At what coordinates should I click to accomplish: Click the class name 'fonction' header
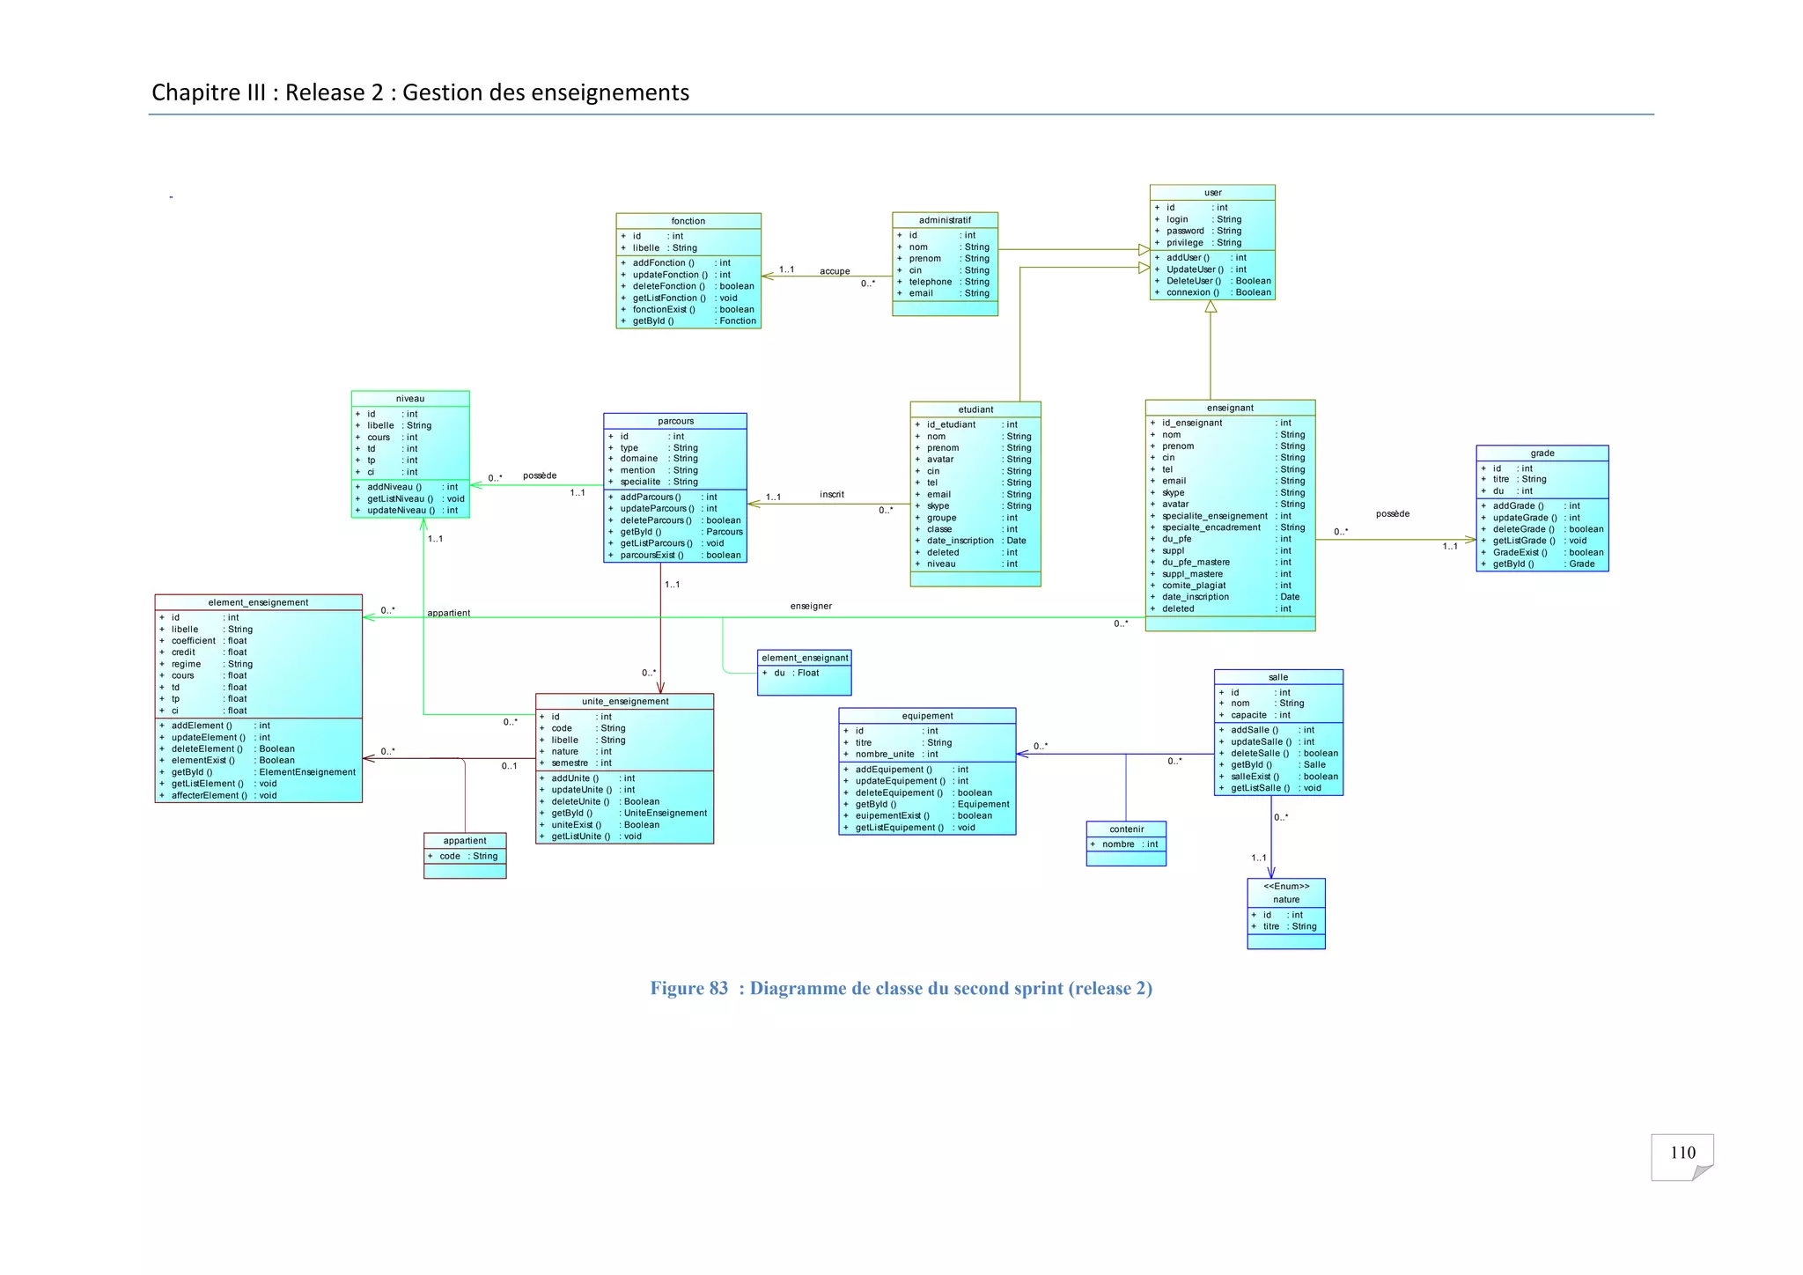[688, 221]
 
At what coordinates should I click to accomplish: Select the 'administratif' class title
[945, 220]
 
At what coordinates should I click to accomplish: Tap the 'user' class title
[1212, 193]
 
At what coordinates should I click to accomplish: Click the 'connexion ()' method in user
[1193, 292]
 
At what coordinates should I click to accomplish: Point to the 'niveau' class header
[410, 399]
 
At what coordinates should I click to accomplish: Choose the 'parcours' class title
[675, 421]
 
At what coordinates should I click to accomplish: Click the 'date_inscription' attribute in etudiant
[960, 541]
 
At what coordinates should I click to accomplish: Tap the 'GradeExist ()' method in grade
[1520, 553]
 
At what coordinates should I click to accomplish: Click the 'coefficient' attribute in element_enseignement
[193, 641]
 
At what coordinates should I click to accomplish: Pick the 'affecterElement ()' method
[209, 796]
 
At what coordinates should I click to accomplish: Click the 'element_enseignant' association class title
[805, 658]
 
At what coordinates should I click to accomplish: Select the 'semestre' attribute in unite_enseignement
[570, 763]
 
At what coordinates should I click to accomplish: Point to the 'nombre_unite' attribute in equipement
[885, 755]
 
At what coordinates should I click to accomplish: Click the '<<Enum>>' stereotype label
[1286, 887]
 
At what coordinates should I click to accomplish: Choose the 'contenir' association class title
[1126, 829]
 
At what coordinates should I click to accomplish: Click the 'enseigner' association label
[811, 607]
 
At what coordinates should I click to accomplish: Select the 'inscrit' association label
[831, 495]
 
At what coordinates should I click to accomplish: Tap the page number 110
[1682, 1153]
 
